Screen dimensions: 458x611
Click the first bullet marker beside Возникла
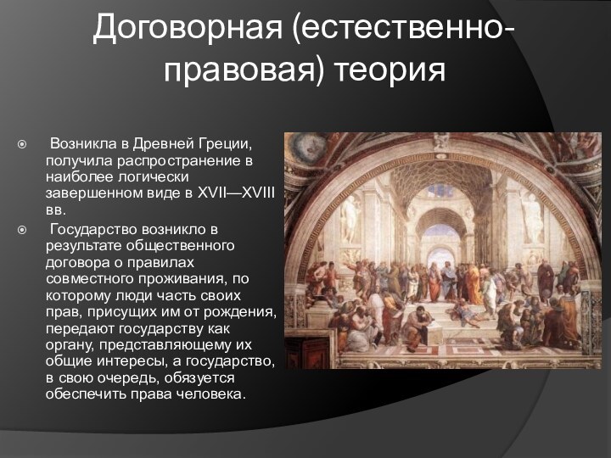tap(23, 146)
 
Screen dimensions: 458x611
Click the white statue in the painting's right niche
tap(532, 216)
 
